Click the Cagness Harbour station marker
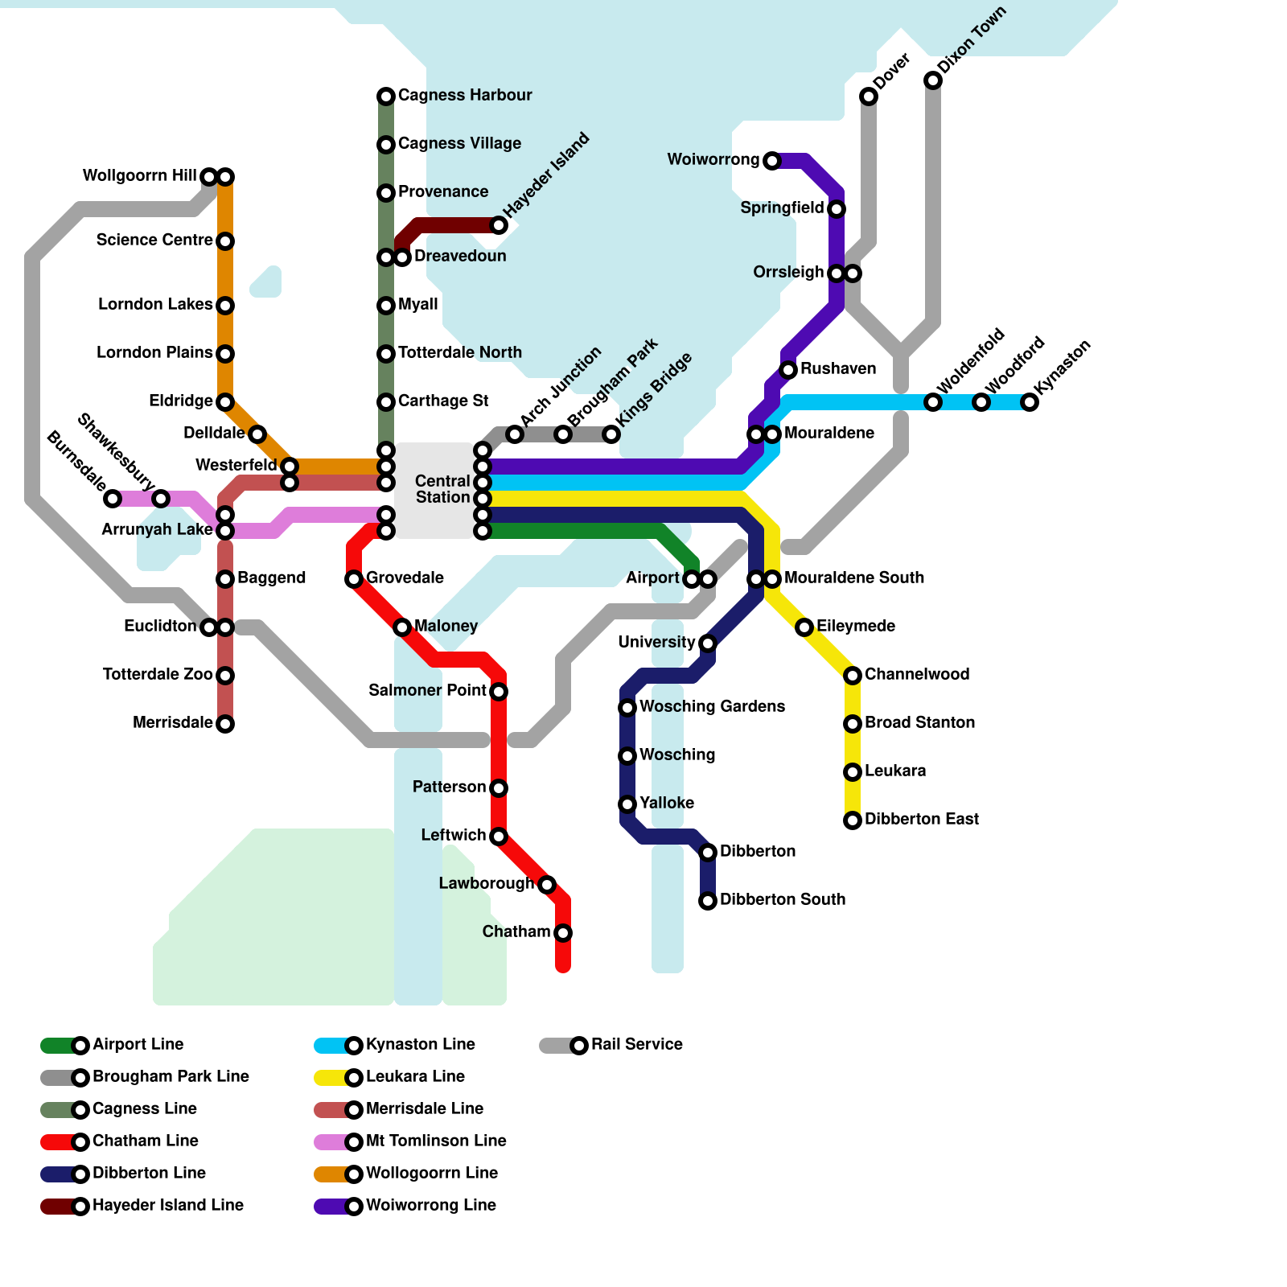386,97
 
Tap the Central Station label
442,489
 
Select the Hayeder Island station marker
499,225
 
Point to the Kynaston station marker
1030,402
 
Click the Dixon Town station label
972,40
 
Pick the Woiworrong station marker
772,161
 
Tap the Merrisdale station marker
225,724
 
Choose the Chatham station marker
563,933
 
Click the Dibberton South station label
783,899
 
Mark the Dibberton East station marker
853,820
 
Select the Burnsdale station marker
113,499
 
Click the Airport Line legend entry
113,1045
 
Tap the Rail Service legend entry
611,1045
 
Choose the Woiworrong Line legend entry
406,1206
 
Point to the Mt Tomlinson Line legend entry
410,1141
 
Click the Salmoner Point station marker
499,692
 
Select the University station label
656,642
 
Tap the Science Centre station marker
225,241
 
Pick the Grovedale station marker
354,579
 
